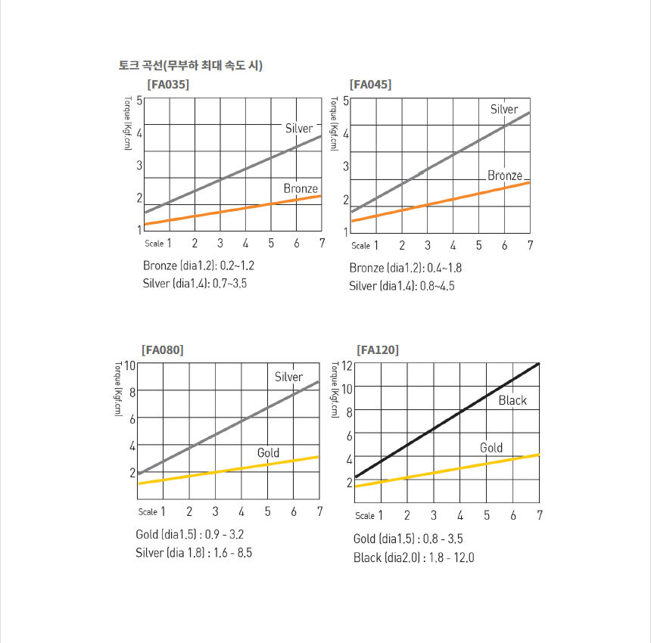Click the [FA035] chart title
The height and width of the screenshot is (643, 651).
coord(167,84)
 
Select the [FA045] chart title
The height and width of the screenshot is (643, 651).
coord(370,84)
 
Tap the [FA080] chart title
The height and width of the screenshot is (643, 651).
coord(162,349)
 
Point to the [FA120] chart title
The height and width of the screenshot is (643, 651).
coord(378,349)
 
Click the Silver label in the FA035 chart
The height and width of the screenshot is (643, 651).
coord(298,129)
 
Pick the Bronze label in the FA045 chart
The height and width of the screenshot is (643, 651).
coord(504,176)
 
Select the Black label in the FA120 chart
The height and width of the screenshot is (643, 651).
coord(512,400)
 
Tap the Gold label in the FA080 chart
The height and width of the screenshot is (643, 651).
coord(268,453)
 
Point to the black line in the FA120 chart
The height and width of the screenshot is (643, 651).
coord(447,421)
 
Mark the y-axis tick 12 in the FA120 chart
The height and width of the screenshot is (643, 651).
coord(347,365)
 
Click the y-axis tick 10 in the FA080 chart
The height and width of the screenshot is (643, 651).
coord(129,365)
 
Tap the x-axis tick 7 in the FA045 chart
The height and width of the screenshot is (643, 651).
coord(530,245)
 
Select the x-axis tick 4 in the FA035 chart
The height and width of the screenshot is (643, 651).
coord(245,243)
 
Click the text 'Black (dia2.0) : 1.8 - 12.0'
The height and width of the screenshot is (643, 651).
coord(413,558)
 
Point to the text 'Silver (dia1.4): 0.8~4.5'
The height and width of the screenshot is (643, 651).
coord(402,286)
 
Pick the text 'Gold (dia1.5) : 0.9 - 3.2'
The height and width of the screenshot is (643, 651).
coord(189,535)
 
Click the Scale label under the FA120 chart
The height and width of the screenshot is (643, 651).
coord(365,516)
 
